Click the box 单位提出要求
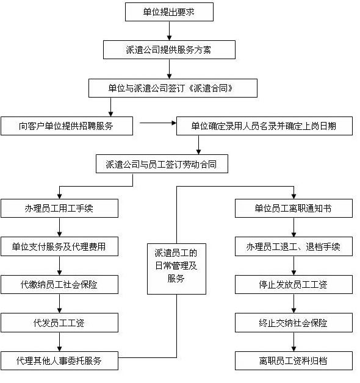169,12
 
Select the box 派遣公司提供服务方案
169,50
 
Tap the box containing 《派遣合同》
173,88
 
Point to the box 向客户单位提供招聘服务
67,126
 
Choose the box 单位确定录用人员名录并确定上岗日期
264,126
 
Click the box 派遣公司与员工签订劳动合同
162,164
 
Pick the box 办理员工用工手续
59,209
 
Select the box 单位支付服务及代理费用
59,246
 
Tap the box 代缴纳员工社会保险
59,285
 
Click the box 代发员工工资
59,323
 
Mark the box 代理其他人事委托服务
59,361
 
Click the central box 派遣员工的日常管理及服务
176,269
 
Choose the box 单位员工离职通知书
293,209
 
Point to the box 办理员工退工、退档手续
293,246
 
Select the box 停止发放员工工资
293,285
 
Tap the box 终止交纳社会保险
293,323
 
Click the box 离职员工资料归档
293,361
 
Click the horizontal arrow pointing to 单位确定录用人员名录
158,123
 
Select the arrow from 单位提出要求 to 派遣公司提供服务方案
169,31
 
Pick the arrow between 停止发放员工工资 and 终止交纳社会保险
293,304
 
